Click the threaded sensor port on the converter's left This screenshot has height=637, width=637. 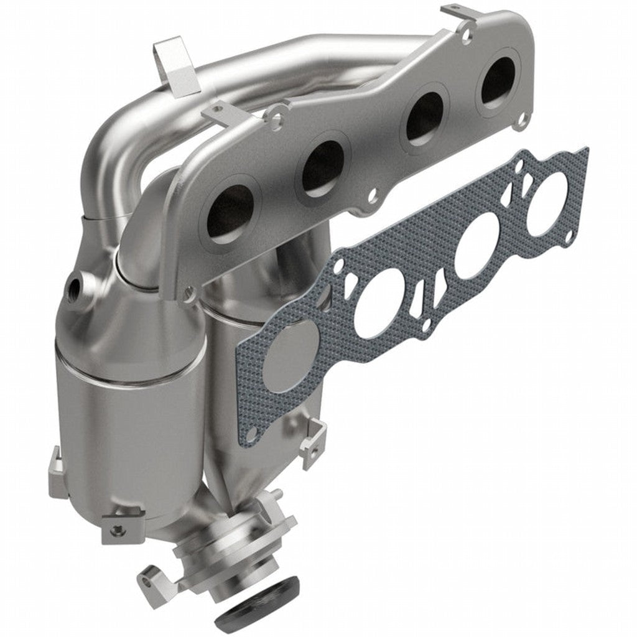coord(75,288)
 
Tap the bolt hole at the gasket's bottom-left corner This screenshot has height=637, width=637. coord(250,434)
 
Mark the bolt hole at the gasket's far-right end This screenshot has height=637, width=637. coord(569,235)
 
